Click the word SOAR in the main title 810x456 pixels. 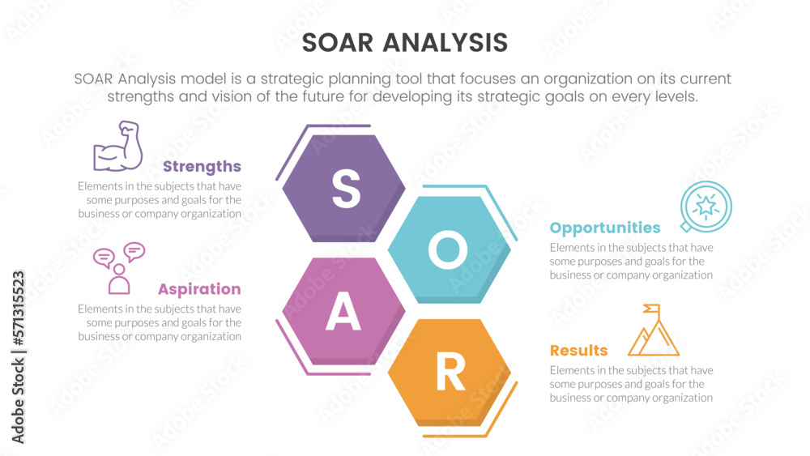pyautogui.click(x=337, y=43)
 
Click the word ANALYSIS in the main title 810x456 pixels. pyautogui.click(x=446, y=43)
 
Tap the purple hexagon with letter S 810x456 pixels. pyautogui.click(x=343, y=189)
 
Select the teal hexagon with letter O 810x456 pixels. pyautogui.click(x=450, y=249)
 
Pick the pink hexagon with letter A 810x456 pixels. pyautogui.click(x=343, y=311)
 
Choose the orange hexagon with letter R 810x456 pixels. pyautogui.click(x=450, y=373)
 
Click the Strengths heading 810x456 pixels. pyautogui.click(x=202, y=167)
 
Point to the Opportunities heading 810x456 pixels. pyautogui.click(x=605, y=228)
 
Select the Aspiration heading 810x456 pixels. pyautogui.click(x=199, y=289)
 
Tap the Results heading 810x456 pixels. pyautogui.click(x=578, y=351)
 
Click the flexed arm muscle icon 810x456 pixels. pyautogui.click(x=117, y=146)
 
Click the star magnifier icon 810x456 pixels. pyautogui.click(x=706, y=207)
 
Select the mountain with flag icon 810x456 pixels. pyautogui.click(x=654, y=330)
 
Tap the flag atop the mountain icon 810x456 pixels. pyautogui.click(x=652, y=309)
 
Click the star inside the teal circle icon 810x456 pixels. pyautogui.click(x=706, y=206)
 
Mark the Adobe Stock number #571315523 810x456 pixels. pyautogui.click(x=18, y=309)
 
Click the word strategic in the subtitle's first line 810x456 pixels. pyautogui.click(x=292, y=79)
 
